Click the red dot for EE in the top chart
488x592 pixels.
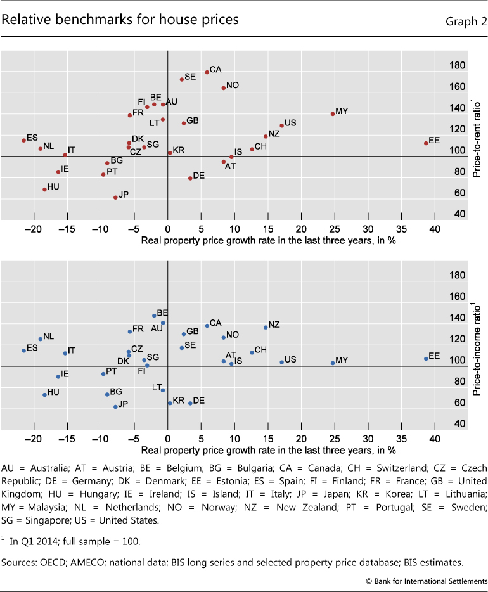[x=426, y=143]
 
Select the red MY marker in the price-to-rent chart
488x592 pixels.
[x=333, y=114]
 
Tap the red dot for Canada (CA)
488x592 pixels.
[x=207, y=72]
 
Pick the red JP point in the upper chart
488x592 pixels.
[x=115, y=197]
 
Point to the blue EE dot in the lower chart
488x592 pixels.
[x=426, y=359]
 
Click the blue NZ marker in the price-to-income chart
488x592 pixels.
[x=266, y=327]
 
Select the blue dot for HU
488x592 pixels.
[x=44, y=394]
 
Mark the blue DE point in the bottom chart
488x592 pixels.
[x=190, y=402]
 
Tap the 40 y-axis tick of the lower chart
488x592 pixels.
[x=458, y=424]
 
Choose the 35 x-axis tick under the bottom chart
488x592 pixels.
[x=401, y=438]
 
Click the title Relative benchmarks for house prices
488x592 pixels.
[x=120, y=20]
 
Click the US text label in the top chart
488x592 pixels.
[x=290, y=123]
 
